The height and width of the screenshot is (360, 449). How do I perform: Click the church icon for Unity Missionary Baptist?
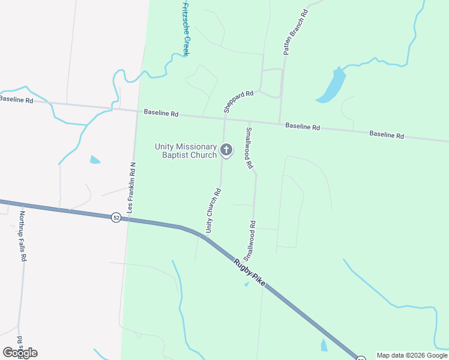coord(226,150)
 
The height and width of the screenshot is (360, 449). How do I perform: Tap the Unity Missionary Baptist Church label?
coord(185,151)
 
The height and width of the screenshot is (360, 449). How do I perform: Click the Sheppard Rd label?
coord(238,101)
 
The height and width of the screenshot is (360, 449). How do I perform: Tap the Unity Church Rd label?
coord(213,211)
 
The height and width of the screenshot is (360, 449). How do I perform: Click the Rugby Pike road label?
coord(249,266)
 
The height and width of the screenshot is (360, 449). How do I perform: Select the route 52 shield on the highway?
coord(116,217)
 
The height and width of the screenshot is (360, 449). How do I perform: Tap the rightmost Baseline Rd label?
coord(386,134)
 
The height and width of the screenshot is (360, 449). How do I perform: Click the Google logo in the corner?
coord(20,352)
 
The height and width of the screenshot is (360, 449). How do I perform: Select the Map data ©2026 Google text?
coord(412,355)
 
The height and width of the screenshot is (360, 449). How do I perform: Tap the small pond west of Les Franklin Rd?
coord(95,160)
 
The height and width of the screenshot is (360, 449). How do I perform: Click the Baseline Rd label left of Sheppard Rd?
coord(161,113)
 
